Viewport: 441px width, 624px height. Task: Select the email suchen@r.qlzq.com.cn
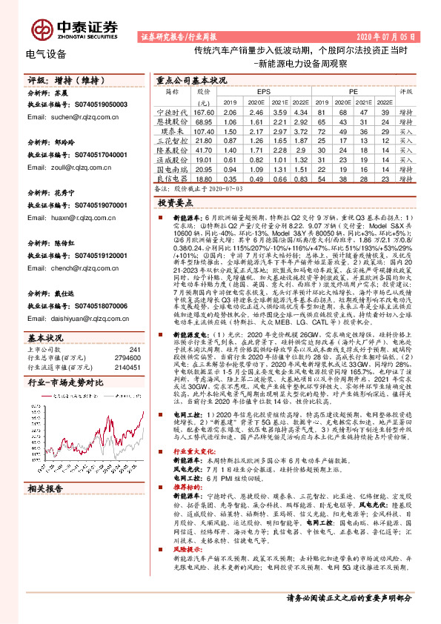pyautogui.click(x=68, y=116)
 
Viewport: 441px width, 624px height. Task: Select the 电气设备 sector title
pyautogui.click(x=45, y=54)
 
